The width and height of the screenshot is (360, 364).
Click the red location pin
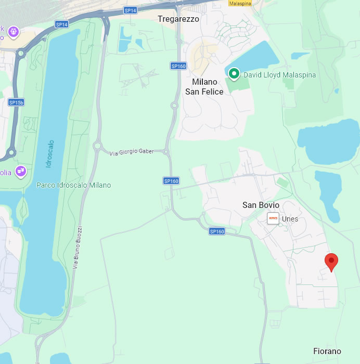(331, 262)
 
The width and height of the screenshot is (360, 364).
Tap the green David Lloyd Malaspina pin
(234, 74)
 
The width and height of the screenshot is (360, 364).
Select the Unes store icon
(273, 218)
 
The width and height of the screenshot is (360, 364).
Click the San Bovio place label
(261, 205)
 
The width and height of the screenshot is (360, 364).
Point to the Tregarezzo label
(178, 19)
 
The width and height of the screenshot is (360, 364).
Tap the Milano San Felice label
(204, 87)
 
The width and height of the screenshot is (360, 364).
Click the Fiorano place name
(327, 351)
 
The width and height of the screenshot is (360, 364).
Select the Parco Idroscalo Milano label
(73, 185)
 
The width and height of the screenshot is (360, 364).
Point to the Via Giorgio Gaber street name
(131, 152)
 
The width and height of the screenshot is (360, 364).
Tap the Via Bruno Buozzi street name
(78, 248)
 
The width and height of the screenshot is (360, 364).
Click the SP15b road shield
(16, 102)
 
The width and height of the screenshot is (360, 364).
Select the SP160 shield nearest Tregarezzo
(178, 66)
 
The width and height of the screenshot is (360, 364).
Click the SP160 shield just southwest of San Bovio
(216, 231)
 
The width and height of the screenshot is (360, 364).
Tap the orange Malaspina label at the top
(241, 3)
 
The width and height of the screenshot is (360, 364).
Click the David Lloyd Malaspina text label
(280, 75)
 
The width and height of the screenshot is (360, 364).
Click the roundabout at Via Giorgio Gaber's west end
(97, 146)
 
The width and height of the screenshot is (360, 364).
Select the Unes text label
(290, 219)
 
